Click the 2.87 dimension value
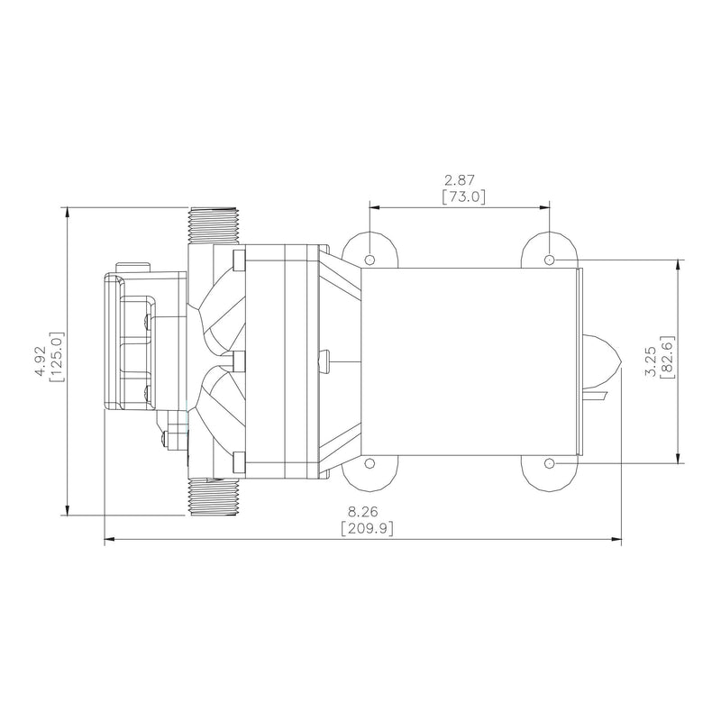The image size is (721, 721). pos(460,179)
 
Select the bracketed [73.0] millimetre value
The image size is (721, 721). pos(463,196)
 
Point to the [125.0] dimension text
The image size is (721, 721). pos(57,356)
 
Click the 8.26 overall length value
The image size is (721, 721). pos(363,511)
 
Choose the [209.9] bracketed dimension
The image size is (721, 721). pos(368,528)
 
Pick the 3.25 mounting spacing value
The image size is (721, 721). pos(651,362)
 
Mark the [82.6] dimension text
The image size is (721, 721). pos(667,357)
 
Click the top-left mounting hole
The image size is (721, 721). pos(370,260)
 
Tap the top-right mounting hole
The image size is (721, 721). pos(549,260)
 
